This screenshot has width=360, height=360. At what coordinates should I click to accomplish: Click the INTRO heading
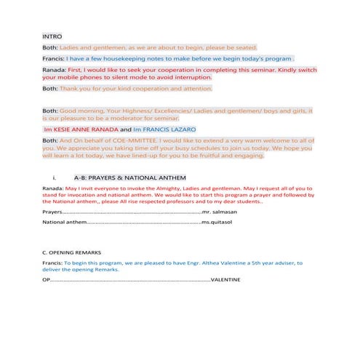point(52,36)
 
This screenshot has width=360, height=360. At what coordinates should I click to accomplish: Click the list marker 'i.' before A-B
point(55,177)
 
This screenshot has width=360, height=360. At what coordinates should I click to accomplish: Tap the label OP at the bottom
point(47,279)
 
